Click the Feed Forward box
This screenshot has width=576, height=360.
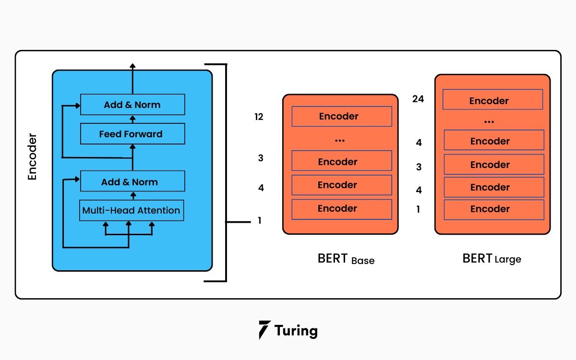pos(132,134)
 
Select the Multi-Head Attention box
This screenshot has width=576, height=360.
pos(132,210)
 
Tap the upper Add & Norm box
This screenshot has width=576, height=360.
pos(132,105)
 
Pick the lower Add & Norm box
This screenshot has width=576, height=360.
pos(132,182)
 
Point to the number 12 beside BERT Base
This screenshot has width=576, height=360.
pos(259,117)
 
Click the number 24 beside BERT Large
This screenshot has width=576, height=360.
pos(418,99)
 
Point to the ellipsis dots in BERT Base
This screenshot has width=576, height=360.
pos(340,141)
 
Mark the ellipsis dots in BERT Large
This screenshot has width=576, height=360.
pos(489,122)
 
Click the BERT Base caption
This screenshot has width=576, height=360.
pos(346,259)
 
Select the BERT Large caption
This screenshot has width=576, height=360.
pos(492,259)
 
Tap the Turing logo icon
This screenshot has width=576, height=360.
pos(264,330)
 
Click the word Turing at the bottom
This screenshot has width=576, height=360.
pos(296,331)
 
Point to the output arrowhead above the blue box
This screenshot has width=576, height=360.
pos(133,65)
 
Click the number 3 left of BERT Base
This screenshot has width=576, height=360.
pos(261,158)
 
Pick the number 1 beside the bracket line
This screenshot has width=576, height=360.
pos(260,221)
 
